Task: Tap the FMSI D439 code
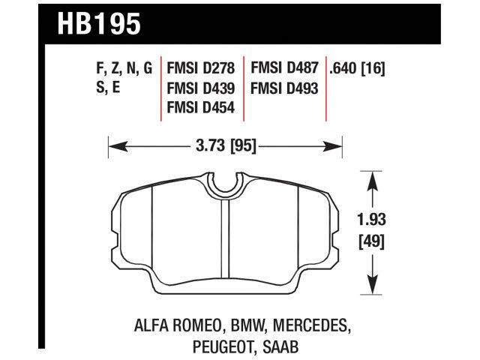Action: (201, 88)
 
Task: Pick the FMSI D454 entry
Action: (201, 108)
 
